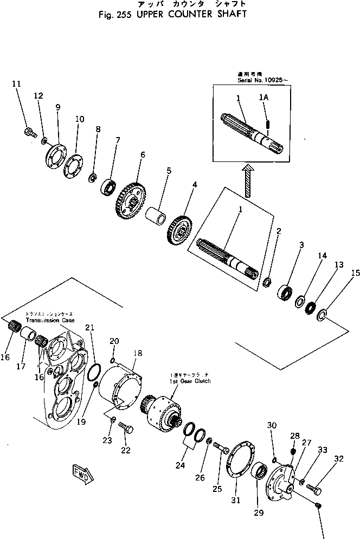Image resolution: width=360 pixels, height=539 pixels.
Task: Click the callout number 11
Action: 16,84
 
